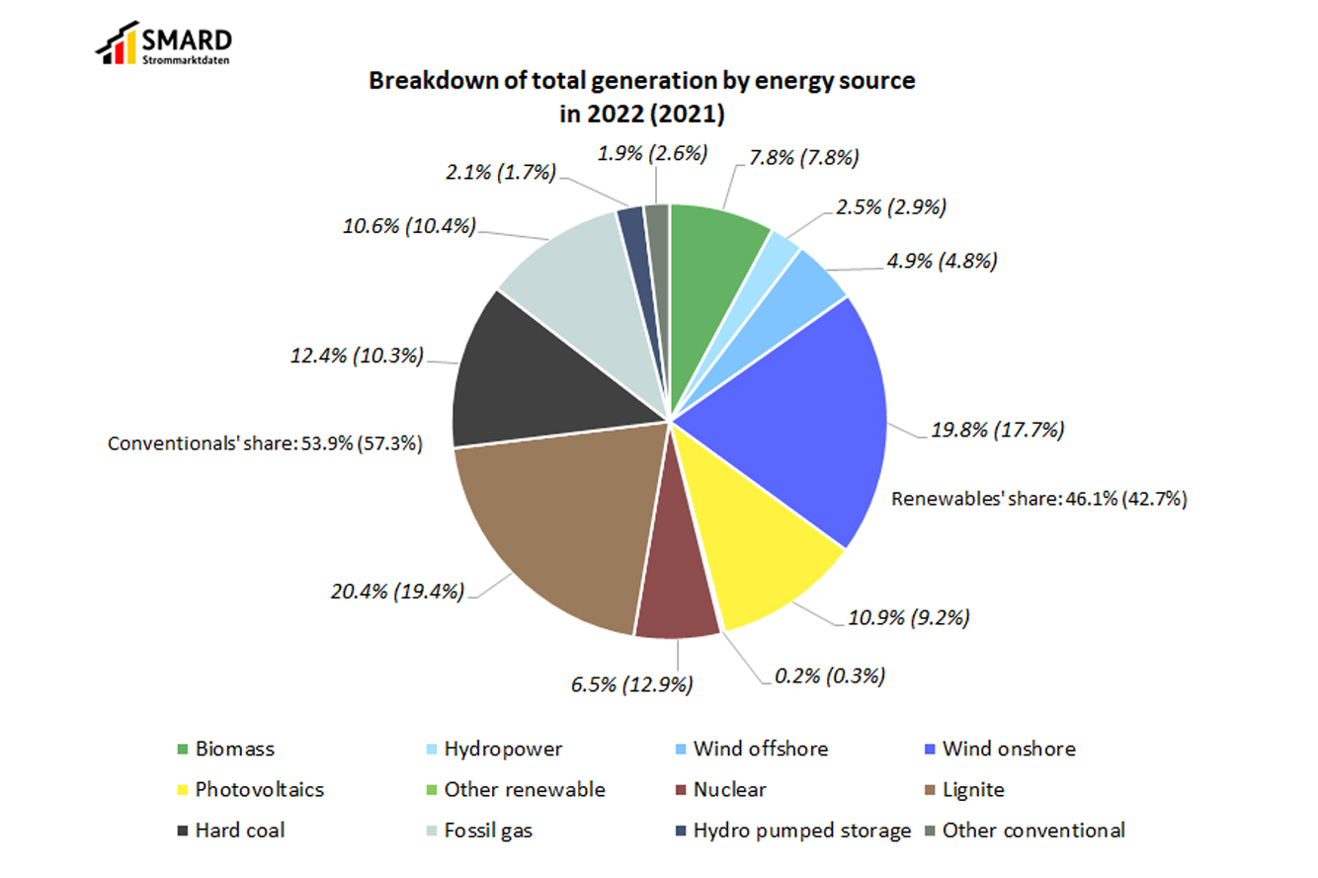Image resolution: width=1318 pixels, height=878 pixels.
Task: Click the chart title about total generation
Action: tap(642, 97)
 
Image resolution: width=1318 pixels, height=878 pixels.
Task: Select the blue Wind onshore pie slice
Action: tap(790, 415)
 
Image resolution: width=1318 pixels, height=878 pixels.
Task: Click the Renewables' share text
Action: tap(1038, 499)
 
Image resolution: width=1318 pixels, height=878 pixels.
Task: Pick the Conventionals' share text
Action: tap(265, 444)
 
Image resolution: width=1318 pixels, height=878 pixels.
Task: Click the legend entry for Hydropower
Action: tap(502, 749)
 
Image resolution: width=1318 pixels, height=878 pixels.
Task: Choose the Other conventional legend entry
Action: tap(1033, 831)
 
